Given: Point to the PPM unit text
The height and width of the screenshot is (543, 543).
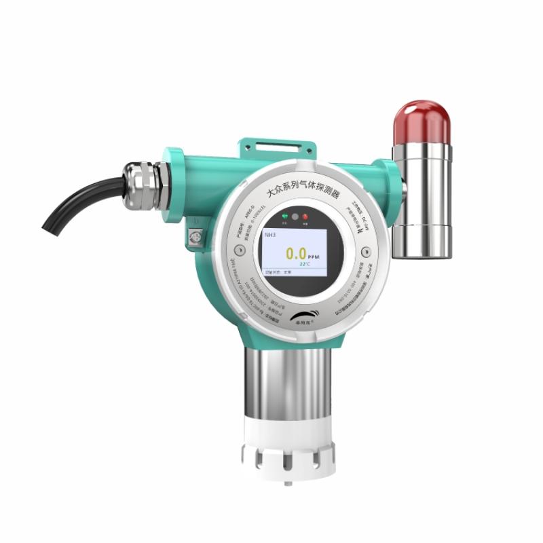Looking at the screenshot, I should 313,258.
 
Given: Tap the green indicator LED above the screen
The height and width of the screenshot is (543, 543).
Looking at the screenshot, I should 284,217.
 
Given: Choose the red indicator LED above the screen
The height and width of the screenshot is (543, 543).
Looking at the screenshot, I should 305,217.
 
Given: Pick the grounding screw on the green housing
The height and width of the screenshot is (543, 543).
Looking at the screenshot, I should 194,237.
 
